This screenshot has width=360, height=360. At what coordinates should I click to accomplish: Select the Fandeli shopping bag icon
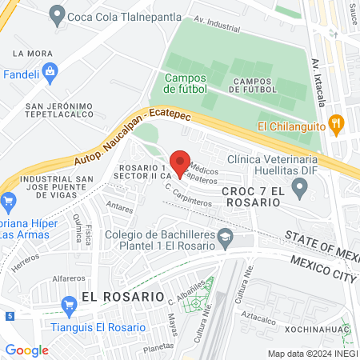click(50, 71)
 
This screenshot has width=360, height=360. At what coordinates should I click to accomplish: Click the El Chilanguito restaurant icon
click(337, 125)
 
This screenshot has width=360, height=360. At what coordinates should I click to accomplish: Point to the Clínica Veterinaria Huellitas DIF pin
click(300, 190)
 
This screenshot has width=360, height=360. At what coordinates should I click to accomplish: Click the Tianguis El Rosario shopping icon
click(69, 303)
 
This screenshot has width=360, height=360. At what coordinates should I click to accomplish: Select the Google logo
click(26, 350)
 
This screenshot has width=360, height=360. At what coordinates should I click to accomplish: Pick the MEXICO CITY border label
click(322, 269)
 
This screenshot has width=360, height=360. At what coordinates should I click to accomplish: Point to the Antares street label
click(120, 206)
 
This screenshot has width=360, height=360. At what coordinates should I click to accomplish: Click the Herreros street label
click(26, 258)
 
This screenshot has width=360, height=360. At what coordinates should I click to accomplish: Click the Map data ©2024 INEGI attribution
click(310, 353)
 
